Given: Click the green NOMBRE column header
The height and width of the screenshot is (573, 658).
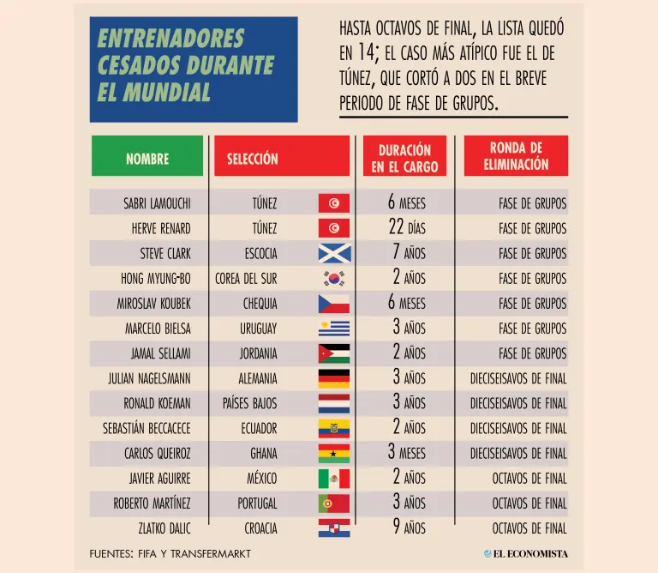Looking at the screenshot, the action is pos(147,155).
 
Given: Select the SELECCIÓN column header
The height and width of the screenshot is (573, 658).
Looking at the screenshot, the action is pos(282,155).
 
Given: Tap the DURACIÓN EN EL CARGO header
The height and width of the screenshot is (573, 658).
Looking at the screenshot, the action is pos(404,155).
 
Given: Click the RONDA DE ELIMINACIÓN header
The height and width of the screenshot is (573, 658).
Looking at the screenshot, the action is pos(516,155).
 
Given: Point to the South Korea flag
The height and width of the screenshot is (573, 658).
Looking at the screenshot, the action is pos(334,279).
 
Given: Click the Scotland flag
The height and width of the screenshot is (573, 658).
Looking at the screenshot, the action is pos(334,253).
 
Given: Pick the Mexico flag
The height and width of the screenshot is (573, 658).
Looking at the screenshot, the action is pos(334,479).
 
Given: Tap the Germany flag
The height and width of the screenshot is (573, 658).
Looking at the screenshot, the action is pos(334,378).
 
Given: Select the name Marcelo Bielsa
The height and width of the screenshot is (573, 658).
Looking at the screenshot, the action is pos(158,329).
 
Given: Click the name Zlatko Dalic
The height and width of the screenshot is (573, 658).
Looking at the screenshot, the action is pos(164,528).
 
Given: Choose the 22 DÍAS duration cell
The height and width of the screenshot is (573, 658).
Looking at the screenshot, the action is pos(407,227).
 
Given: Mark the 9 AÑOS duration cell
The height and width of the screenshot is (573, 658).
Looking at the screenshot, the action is pos(410,528).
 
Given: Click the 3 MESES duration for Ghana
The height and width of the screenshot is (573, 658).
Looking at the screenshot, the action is pos(407,452).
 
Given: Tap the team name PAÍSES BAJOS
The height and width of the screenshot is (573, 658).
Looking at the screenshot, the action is pos(249,403).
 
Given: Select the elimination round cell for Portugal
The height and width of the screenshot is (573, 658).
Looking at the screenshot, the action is pos(529,504).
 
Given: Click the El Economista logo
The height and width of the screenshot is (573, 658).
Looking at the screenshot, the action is pos(526,553).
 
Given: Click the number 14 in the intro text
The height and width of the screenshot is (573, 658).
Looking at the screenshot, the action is pos(366,52).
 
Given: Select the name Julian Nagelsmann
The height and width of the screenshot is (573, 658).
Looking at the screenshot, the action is pos(149,378).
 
